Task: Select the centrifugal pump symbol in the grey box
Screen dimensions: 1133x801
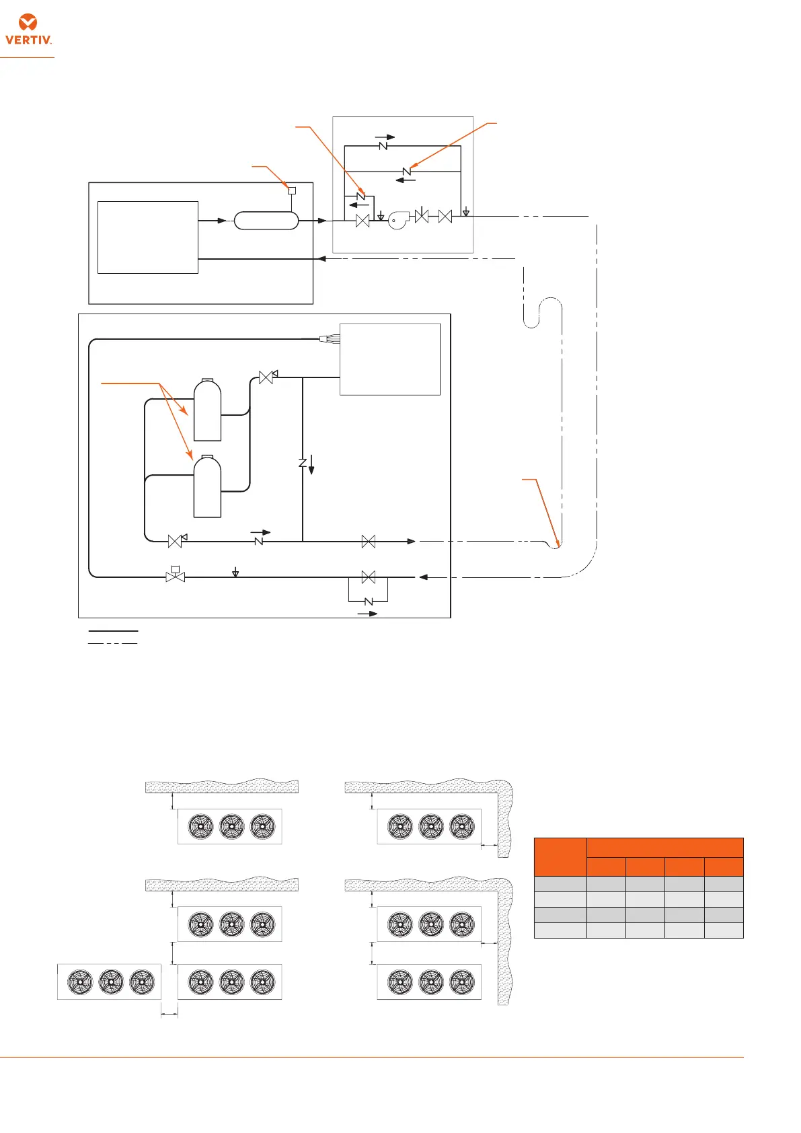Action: [x=398, y=221]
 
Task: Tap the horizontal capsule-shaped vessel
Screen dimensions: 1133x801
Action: [x=266, y=221]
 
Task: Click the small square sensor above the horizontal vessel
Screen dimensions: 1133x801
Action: [x=292, y=190]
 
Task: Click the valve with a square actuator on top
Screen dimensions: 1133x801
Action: [x=176, y=575]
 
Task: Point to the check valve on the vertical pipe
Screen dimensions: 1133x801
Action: [x=303, y=463]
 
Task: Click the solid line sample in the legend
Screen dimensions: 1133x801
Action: [x=113, y=631]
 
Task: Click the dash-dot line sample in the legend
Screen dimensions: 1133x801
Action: [x=113, y=644]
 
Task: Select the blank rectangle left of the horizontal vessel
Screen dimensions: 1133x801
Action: [x=148, y=237]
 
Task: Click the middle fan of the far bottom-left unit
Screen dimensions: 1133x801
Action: [x=111, y=982]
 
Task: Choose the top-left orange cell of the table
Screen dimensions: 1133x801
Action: [x=560, y=856]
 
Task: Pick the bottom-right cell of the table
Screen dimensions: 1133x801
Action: [x=724, y=930]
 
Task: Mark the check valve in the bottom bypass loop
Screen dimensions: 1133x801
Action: [x=368, y=601]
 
